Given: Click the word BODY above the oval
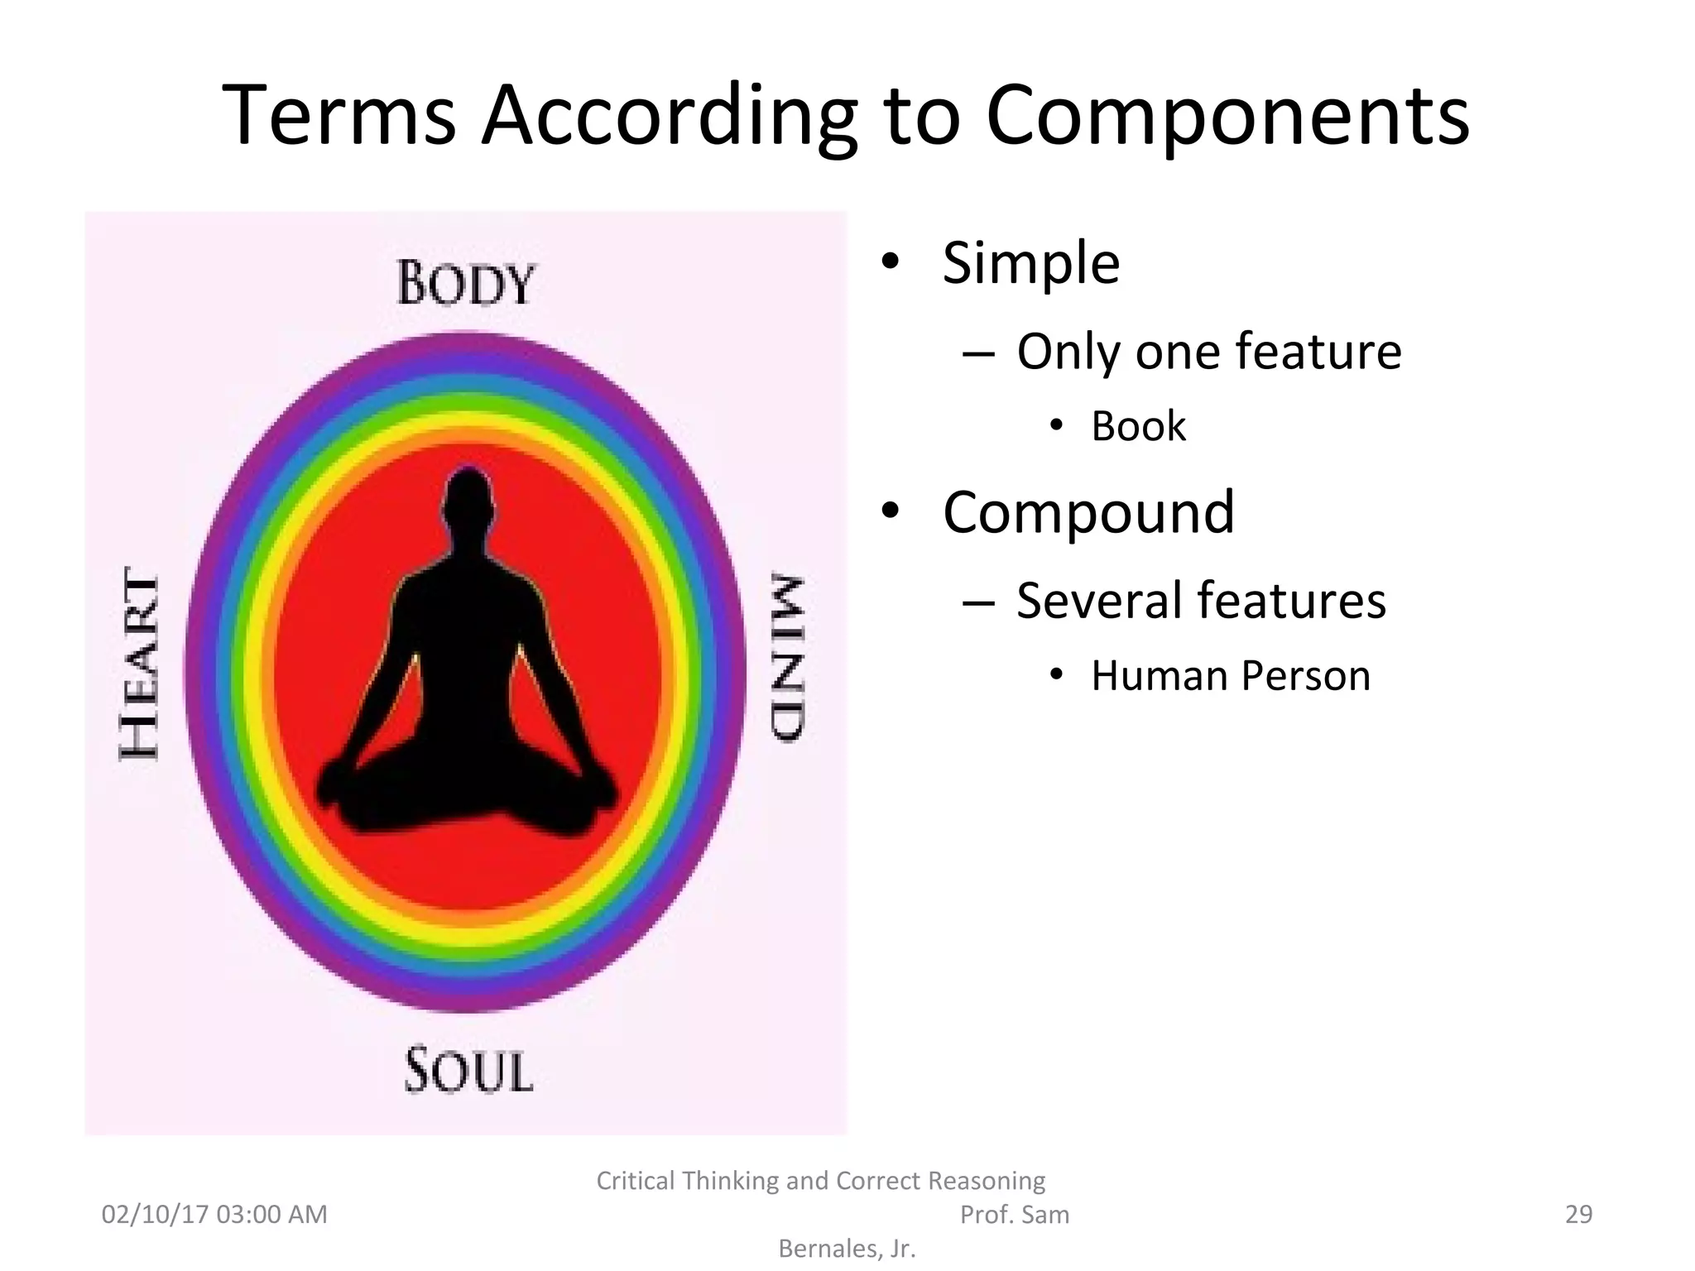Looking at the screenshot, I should [x=466, y=284].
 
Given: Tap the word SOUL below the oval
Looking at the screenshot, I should [x=468, y=1072].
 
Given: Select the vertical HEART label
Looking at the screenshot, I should [x=140, y=664].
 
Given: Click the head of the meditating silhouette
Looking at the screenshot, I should [x=468, y=496].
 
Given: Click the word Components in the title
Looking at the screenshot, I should [x=1227, y=116].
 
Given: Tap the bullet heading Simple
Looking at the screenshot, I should [x=1030, y=263].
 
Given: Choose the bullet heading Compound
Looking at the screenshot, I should [x=1088, y=512].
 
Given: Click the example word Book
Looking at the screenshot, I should [x=1138, y=426].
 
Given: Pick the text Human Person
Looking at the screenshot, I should [x=1231, y=675].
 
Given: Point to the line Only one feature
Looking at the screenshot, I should [x=1208, y=351].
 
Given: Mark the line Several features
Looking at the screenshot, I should [x=1200, y=600].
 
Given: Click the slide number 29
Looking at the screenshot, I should [x=1578, y=1214].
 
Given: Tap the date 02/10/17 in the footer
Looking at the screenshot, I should [x=154, y=1214].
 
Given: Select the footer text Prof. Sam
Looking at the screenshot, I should [x=1014, y=1214].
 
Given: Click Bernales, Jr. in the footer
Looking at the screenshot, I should [x=847, y=1248].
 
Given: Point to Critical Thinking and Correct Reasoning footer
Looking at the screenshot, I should [x=820, y=1180].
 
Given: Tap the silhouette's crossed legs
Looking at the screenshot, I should [x=468, y=799].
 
